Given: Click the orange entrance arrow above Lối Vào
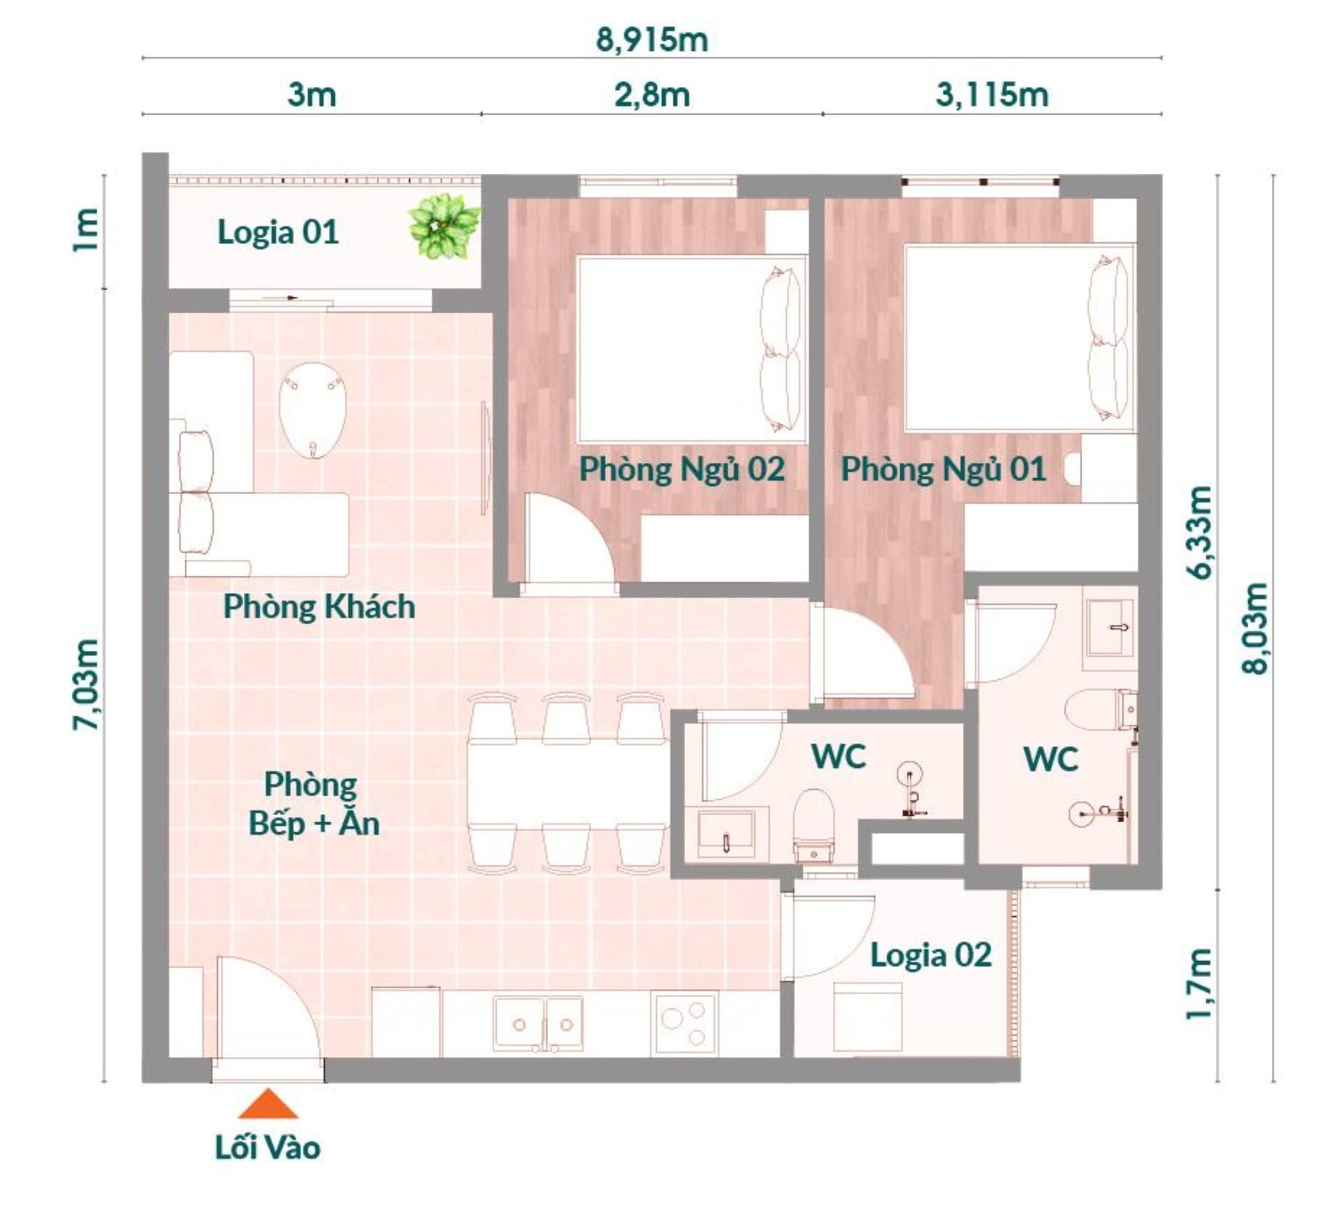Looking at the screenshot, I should coord(268,1103).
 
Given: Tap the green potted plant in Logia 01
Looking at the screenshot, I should coord(443,226).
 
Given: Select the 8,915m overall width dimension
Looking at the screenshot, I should coord(652,39).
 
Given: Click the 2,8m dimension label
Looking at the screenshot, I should coord(652,95).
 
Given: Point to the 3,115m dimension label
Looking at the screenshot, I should coord(991,95).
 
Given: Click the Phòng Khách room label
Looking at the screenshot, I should coord(319,607).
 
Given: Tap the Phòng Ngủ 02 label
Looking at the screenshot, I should coord(681,469).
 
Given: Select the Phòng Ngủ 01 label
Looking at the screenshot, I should coord(943,469).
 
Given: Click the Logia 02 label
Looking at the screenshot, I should coord(930,955).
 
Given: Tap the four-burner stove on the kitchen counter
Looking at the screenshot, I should coord(683,1024).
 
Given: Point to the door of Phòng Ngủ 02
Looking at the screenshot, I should coord(570,543).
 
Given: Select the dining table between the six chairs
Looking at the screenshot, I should coord(566,781).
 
